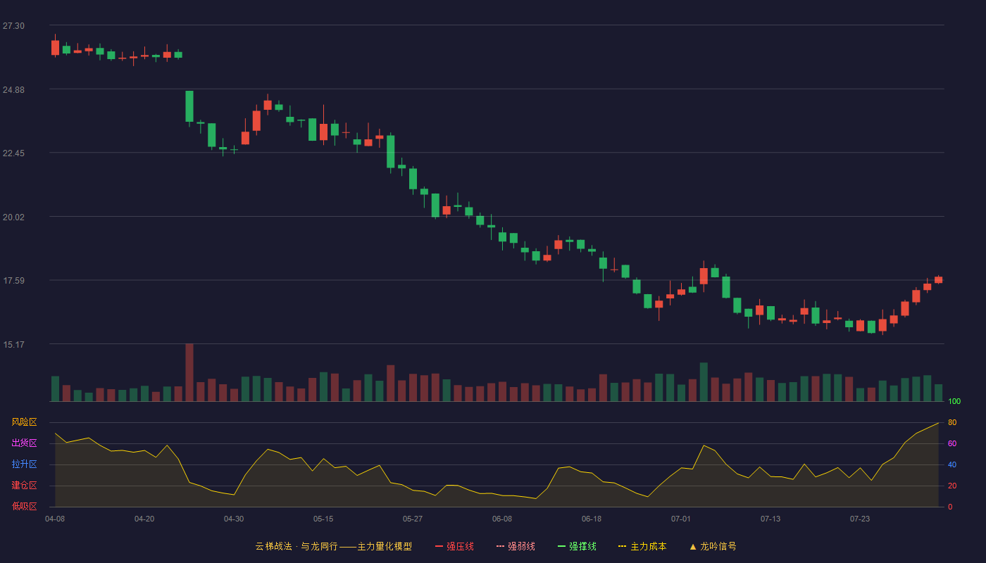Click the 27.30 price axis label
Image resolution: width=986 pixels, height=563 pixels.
[13, 26]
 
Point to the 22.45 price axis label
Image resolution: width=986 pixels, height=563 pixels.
[13, 153]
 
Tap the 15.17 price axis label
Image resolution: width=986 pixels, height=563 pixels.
[13, 344]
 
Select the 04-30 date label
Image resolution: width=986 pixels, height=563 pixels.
[234, 519]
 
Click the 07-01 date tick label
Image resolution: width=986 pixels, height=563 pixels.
[680, 519]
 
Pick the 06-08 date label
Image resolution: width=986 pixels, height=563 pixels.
[501, 519]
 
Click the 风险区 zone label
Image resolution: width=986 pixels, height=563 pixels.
[24, 422]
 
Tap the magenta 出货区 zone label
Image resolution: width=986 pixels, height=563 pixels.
[24, 443]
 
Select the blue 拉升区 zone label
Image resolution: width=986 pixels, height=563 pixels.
[24, 464]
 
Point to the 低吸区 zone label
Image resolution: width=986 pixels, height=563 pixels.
[24, 506]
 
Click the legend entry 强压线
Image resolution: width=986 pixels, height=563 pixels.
[455, 546]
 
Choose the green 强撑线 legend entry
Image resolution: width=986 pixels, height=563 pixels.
[577, 546]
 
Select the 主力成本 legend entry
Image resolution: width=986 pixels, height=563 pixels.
[642, 546]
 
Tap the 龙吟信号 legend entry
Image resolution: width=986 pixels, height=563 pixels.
[713, 546]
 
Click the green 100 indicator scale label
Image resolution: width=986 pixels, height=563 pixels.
[954, 401]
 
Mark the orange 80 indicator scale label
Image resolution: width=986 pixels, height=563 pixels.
[952, 422]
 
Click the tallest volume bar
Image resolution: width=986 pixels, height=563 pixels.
[189, 372]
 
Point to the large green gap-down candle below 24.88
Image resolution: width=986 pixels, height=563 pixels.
[189, 106]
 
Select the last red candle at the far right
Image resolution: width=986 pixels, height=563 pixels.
[938, 280]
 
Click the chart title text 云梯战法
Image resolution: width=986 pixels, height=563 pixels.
[273, 546]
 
